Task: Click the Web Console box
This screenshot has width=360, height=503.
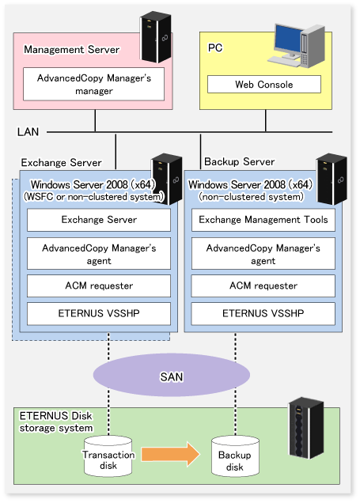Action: [x=264, y=85]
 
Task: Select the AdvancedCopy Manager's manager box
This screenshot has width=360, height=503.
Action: [x=93, y=84]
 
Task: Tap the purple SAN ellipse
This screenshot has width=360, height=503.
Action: [x=172, y=376]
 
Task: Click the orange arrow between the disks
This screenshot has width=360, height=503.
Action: [x=171, y=454]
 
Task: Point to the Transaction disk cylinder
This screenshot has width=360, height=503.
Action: [x=108, y=456]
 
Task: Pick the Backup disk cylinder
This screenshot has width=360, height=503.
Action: [x=235, y=456]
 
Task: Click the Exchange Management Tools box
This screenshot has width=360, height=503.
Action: [x=263, y=220]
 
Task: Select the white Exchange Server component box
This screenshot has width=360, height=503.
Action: [x=99, y=220]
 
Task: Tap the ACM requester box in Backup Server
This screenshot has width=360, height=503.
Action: [x=263, y=286]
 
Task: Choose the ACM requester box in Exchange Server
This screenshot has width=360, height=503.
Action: [x=99, y=286]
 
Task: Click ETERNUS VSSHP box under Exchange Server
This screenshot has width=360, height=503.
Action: [x=99, y=313]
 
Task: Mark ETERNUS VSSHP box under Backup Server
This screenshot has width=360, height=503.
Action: [x=263, y=313]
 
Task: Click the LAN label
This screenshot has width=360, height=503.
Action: [x=28, y=132]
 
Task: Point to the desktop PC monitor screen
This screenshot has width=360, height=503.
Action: [x=288, y=38]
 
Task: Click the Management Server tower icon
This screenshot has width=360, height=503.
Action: [x=156, y=37]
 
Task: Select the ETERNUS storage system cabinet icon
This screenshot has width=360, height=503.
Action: [x=306, y=428]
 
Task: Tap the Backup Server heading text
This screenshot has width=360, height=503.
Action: [x=240, y=161]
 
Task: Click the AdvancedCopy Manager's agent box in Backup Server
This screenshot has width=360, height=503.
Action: [x=263, y=253]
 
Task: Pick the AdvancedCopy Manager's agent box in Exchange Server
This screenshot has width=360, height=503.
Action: [x=99, y=253]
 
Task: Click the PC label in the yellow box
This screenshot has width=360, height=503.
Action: [x=215, y=47]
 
